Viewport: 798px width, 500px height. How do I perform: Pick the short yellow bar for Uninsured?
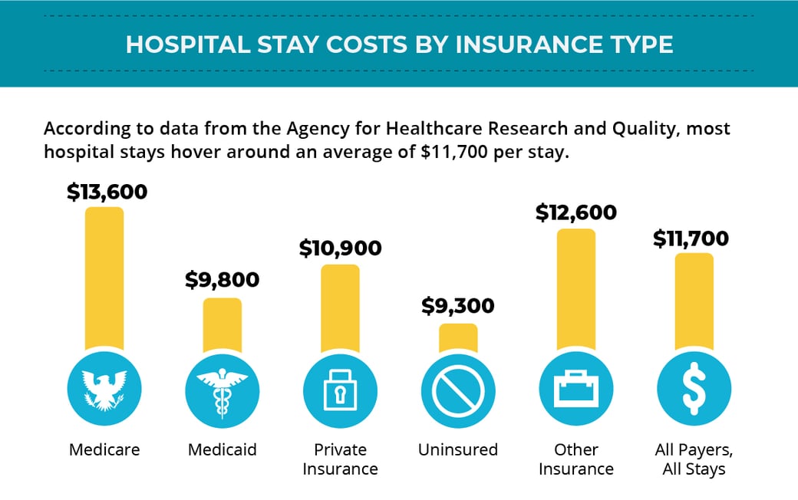(x=458, y=338)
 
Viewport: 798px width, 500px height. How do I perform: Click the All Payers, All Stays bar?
(x=694, y=303)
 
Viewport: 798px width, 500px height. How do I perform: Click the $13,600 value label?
(x=107, y=191)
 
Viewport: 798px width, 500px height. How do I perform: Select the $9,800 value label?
(x=223, y=280)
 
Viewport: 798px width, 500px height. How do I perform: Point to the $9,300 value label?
(x=458, y=307)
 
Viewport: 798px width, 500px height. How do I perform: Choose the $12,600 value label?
(x=575, y=212)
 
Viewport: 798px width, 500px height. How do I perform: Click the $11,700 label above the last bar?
(x=691, y=238)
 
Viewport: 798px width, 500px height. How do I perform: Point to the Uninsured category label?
(x=458, y=449)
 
